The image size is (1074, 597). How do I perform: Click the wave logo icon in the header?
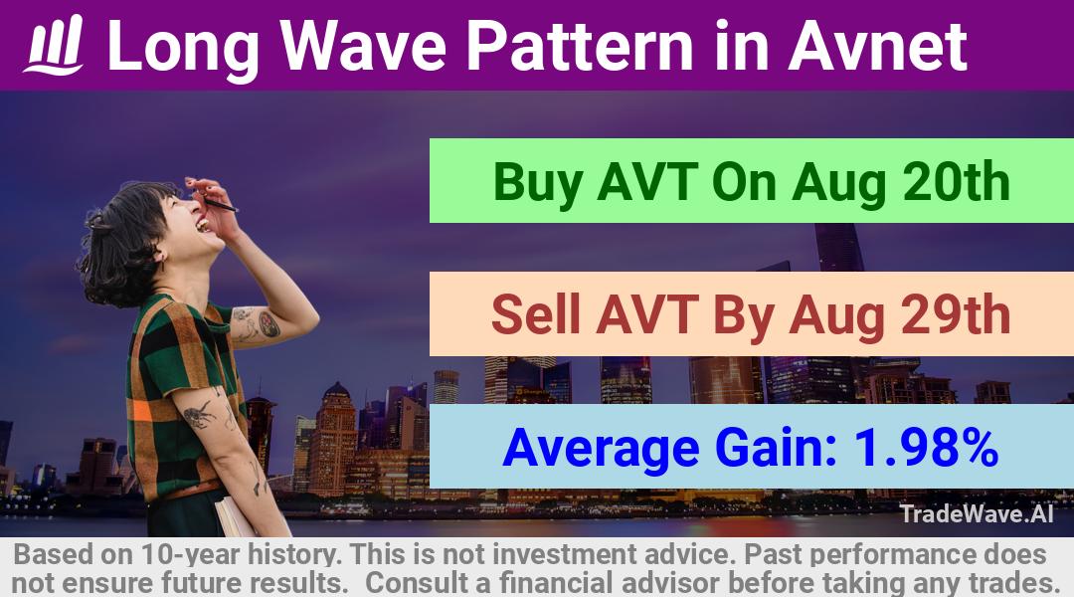54,44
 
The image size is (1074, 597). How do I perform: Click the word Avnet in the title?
877,46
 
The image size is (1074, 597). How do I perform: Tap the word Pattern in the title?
580,46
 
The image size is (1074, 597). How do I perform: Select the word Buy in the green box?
538,182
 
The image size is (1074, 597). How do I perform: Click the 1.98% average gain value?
925,448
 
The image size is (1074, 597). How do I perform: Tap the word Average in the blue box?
601,449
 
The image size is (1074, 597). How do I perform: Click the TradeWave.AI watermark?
977,513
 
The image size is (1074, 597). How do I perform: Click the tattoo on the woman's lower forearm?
197,415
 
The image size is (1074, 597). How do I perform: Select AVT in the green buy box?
647,182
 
